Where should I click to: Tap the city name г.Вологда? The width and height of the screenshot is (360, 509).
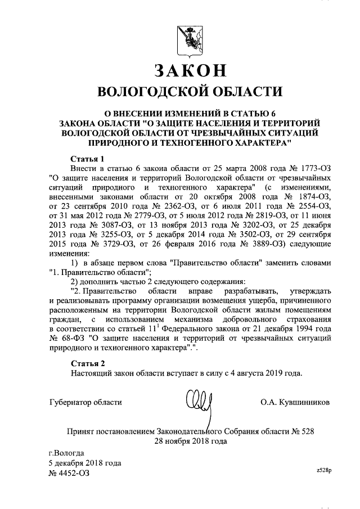coord(66,453)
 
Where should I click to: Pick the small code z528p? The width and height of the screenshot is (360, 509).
coord(324,469)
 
